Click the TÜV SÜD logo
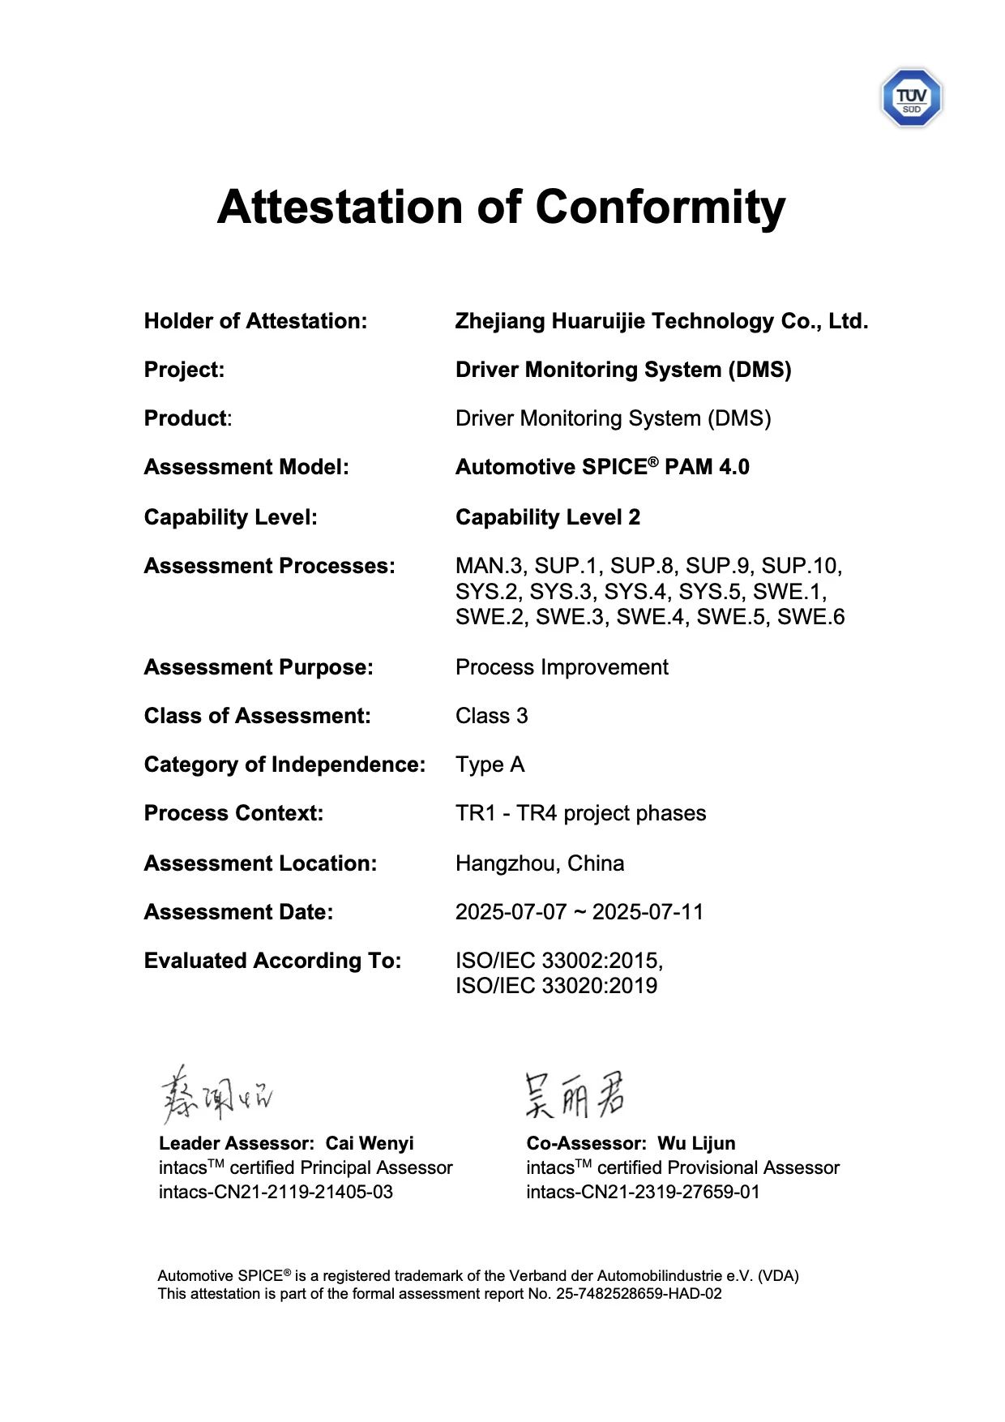point(911,98)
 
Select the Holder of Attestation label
point(255,321)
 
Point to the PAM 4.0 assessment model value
point(707,468)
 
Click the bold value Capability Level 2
point(548,517)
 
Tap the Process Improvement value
point(562,667)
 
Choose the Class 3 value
point(491,716)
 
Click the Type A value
point(490,765)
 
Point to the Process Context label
point(233,813)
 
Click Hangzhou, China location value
point(540,863)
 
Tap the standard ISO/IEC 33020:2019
point(556,986)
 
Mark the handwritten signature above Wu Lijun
point(575,1095)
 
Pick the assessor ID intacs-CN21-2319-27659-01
point(643,1192)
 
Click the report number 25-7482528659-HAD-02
point(639,1294)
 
